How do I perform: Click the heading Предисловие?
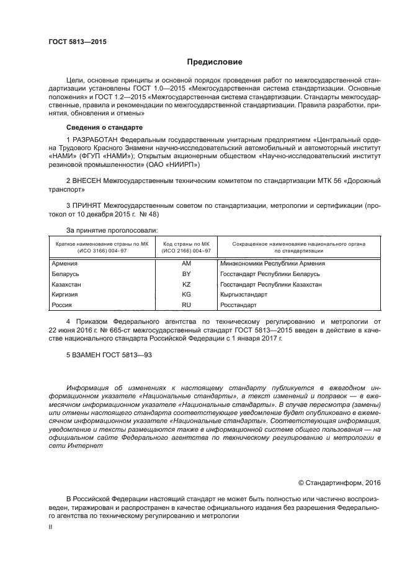215,62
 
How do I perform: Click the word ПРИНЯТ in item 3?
87,203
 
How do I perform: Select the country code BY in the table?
186,274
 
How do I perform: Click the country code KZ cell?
186,284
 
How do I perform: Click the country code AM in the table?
186,264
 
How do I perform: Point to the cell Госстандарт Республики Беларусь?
269,274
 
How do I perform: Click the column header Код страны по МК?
186,246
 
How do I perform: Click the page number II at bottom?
51,527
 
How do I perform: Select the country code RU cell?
186,305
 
